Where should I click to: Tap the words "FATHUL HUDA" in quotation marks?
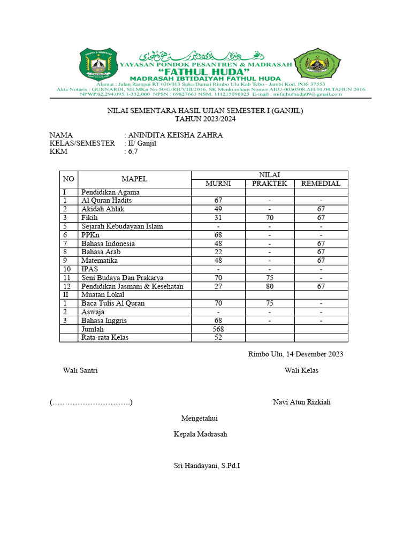coord(205,72)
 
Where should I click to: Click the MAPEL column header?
coord(134,179)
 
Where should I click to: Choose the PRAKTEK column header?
coord(270,184)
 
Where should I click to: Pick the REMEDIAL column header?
coord(321,184)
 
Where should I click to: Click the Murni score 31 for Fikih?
coord(218,218)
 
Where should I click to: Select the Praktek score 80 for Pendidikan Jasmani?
coord(270,286)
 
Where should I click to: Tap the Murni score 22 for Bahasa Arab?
coord(218,252)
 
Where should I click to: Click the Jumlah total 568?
coord(218,329)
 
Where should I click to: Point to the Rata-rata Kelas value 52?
coord(218,338)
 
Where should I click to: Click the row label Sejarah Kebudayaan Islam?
coord(122,226)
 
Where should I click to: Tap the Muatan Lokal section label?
coord(103,295)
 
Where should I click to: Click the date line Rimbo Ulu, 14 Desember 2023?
coord(295,354)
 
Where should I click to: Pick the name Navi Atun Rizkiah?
coord(301,402)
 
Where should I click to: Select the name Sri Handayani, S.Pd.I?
coord(207,466)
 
